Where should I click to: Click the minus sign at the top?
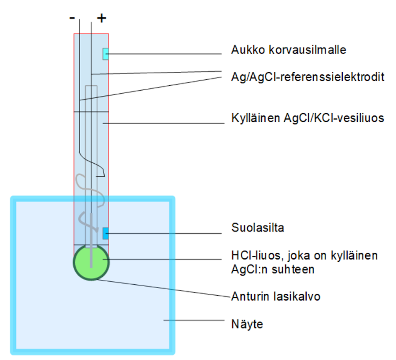72,18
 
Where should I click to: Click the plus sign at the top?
102,18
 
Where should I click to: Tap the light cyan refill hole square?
106,54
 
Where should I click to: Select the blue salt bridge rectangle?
106,233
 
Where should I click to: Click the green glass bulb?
91,262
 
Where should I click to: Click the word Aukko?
248,50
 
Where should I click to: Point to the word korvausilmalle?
307,50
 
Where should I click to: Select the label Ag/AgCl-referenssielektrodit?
308,77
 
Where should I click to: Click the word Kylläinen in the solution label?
256,118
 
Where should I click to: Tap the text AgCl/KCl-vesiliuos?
334,118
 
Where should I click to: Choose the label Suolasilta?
257,228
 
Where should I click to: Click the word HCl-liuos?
256,255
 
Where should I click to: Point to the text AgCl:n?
249,269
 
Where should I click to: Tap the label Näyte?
247,324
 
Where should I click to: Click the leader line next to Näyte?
194,320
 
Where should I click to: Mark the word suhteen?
293,269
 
